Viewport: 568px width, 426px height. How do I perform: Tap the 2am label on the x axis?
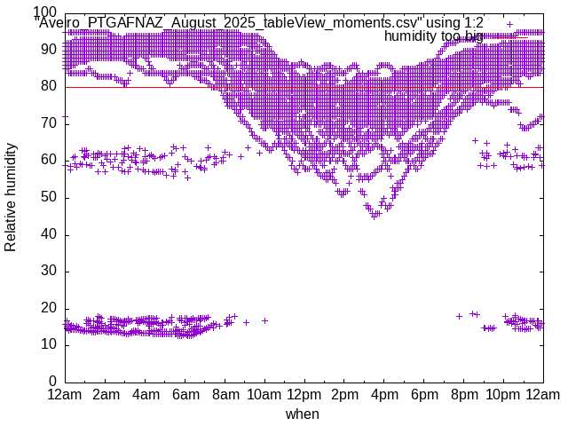[106, 394]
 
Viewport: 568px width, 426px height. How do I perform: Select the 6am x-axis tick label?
[185, 394]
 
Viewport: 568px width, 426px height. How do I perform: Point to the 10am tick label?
[264, 394]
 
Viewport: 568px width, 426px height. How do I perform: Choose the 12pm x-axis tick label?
[304, 394]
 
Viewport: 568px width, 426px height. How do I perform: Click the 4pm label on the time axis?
[384, 394]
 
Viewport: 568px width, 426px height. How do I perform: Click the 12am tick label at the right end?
[543, 394]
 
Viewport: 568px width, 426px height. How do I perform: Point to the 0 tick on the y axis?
[53, 382]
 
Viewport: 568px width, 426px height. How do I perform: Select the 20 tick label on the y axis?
[50, 308]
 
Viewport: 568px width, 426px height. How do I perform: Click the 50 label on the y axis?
[50, 198]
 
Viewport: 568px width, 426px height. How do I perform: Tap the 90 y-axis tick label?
[50, 51]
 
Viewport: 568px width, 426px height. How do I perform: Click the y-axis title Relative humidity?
[11, 196]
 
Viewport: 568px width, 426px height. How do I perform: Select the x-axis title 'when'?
[303, 414]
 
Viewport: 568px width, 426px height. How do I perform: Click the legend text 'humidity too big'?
[434, 36]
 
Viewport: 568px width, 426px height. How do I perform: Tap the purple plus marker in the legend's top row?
[509, 24]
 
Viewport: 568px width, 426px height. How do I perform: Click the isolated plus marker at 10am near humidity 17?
[264, 320]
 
